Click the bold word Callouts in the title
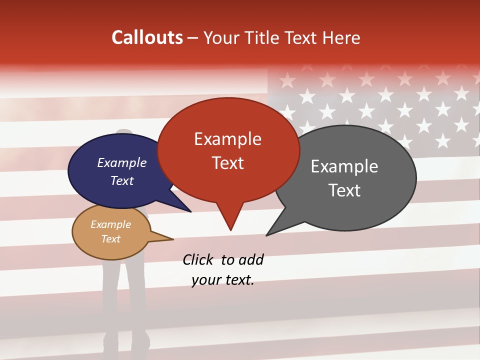pos(147,37)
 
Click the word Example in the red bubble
pos(227,139)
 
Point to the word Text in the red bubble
pos(227,162)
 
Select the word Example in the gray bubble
pos(344,166)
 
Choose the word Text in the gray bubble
pos(344,190)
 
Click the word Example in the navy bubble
pos(121,162)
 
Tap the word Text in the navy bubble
pos(121,180)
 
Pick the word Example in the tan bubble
pos(110,224)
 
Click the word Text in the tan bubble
pos(110,239)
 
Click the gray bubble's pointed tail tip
pos(266,235)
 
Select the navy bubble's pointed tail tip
pos(190,211)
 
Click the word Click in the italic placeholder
pos(198,259)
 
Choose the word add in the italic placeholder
pos(250,259)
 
